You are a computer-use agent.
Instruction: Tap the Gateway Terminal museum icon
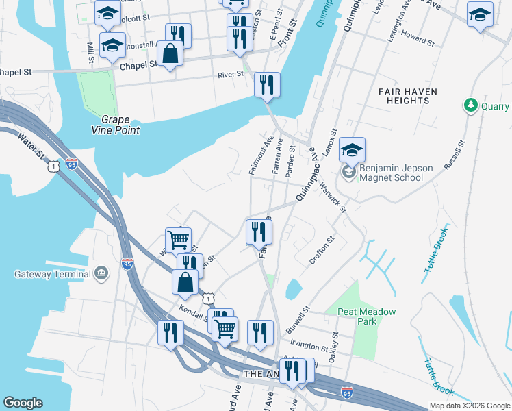[102, 274]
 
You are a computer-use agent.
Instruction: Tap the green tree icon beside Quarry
[470, 105]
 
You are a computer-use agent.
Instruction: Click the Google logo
[23, 403]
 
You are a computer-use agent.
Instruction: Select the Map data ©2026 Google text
[469, 406]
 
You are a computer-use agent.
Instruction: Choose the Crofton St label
[321, 250]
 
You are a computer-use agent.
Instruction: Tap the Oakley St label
[335, 346]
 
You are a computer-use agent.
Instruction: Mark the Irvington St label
[309, 346]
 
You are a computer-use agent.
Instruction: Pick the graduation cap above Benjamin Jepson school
[352, 150]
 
